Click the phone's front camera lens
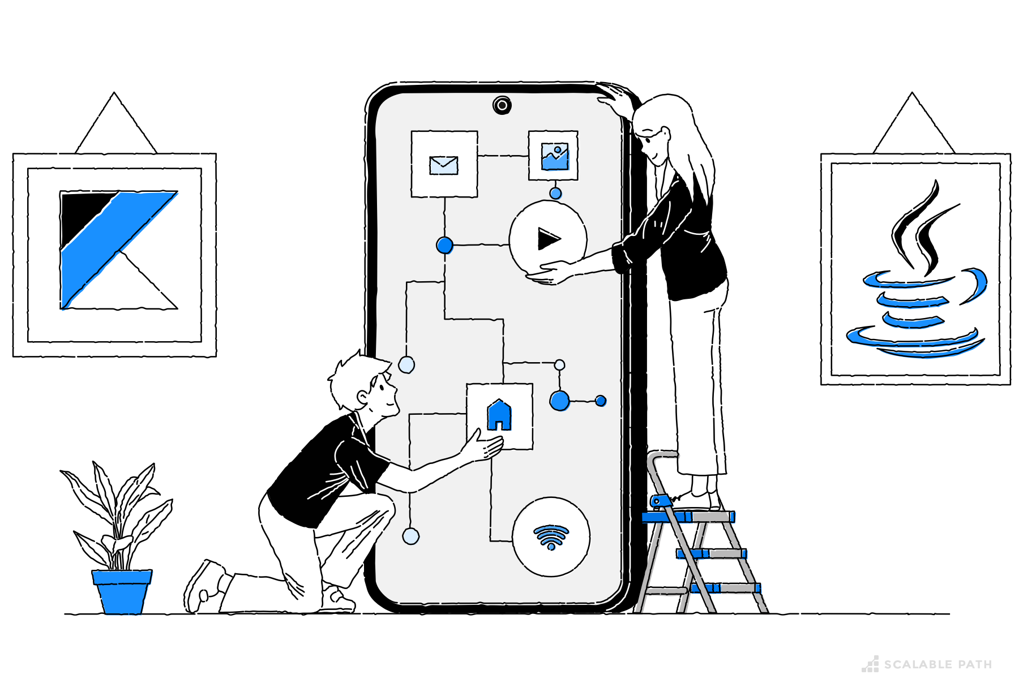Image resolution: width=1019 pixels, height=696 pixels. coord(502,105)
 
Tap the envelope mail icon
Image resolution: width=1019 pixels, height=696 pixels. coord(444,165)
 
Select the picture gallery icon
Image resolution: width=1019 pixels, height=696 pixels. coord(555,157)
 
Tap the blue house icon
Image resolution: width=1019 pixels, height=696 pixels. coord(499,415)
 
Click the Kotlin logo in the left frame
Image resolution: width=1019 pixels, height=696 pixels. coord(119,250)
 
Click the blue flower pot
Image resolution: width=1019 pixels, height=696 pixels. coord(122,592)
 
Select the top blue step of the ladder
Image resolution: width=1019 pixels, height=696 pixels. coord(688,517)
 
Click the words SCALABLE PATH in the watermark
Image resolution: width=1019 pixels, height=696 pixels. coord(938,664)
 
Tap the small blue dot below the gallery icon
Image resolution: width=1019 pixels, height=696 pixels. coord(555,194)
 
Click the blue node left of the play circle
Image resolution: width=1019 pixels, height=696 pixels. coord(445,245)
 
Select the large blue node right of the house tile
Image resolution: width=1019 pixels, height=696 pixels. coord(560,401)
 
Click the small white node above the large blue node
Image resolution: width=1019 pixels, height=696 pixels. coord(559,365)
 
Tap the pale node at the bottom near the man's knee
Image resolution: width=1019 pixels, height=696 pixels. coord(410,536)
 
